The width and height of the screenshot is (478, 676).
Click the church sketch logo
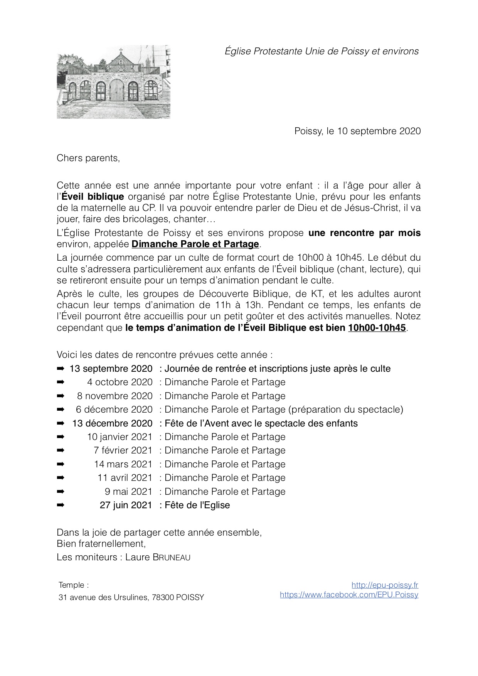point(113,82)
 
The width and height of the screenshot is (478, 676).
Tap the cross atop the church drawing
point(121,51)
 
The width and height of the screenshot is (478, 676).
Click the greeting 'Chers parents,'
point(88,158)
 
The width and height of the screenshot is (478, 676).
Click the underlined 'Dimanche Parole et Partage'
point(195,244)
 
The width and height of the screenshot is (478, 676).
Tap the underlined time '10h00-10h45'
point(377,328)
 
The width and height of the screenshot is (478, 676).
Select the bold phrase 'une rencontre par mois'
point(364,233)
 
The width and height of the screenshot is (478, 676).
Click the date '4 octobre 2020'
point(120,382)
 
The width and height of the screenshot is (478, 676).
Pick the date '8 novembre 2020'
point(115,396)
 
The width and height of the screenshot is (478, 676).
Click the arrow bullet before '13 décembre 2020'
point(61,423)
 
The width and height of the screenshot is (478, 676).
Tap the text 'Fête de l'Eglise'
point(197,505)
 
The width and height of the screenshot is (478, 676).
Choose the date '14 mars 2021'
point(123,464)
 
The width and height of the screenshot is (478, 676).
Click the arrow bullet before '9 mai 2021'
point(61,492)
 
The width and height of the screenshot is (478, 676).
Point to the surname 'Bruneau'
point(172,557)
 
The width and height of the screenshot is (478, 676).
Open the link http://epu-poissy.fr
point(385,585)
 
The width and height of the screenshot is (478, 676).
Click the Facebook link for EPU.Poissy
point(349,595)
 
